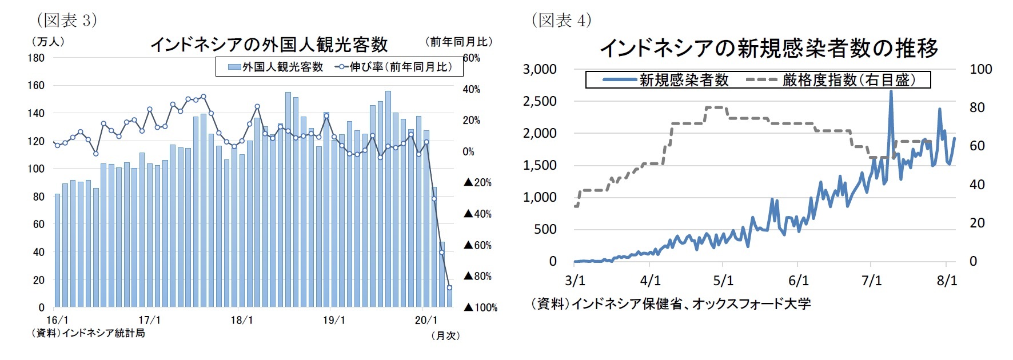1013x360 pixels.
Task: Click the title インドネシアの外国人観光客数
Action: click(x=269, y=45)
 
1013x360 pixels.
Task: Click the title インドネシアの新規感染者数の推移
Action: click(x=769, y=48)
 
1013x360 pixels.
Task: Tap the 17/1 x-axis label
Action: click(x=150, y=321)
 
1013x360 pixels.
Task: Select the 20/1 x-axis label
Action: click(x=426, y=321)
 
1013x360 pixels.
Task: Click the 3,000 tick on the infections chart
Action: click(x=540, y=69)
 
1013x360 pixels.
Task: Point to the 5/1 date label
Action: click(x=723, y=281)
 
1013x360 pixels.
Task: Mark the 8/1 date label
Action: click(x=947, y=281)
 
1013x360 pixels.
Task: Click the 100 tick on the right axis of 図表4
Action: click(x=981, y=69)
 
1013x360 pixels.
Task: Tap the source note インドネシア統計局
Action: click(x=89, y=333)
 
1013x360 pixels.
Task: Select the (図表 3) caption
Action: click(x=67, y=21)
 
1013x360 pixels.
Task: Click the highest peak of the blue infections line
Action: click(x=891, y=91)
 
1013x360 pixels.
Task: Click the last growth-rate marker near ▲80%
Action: click(x=450, y=287)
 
